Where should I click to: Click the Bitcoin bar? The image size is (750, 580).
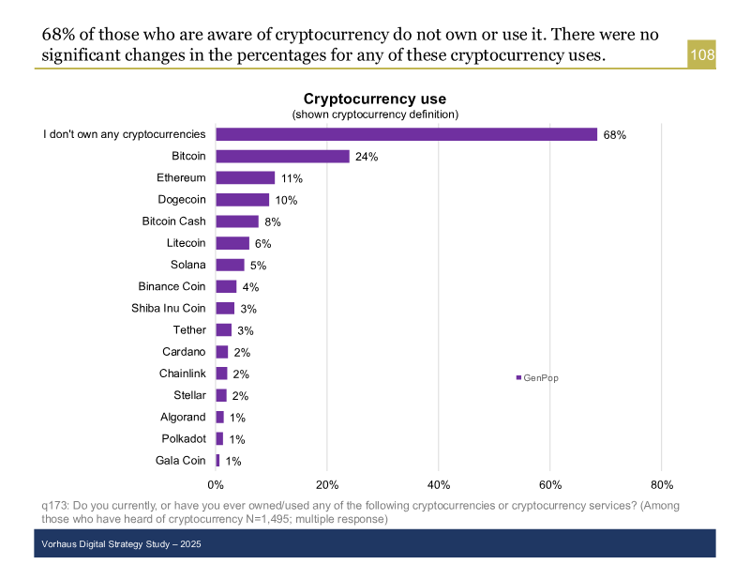pyautogui.click(x=282, y=157)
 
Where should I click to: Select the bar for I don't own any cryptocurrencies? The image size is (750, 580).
pyautogui.click(x=406, y=134)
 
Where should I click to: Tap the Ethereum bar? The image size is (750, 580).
pyautogui.click(x=246, y=178)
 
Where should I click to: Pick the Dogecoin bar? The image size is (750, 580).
pyautogui.click(x=243, y=200)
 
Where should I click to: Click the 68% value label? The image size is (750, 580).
pyautogui.click(x=614, y=135)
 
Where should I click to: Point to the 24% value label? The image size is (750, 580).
pyautogui.click(x=367, y=157)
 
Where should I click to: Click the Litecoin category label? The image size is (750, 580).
pyautogui.click(x=186, y=243)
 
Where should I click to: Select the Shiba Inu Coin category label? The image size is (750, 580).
pyautogui.click(x=169, y=308)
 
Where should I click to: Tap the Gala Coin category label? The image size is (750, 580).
pyautogui.click(x=180, y=460)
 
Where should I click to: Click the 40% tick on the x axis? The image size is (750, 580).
pyautogui.click(x=439, y=484)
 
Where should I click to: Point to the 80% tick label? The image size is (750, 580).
pyautogui.click(x=661, y=484)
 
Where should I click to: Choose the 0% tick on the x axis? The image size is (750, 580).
pyautogui.click(x=216, y=484)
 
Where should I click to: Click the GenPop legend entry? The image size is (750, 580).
pyautogui.click(x=537, y=377)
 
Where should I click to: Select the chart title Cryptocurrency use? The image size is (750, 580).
pyautogui.click(x=374, y=99)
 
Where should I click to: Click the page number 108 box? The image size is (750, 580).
pyautogui.click(x=702, y=55)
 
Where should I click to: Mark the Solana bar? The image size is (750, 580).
pyautogui.click(x=231, y=265)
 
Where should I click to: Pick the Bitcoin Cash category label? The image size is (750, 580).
pyautogui.click(x=173, y=221)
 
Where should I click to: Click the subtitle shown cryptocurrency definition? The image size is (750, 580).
pyautogui.click(x=374, y=114)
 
